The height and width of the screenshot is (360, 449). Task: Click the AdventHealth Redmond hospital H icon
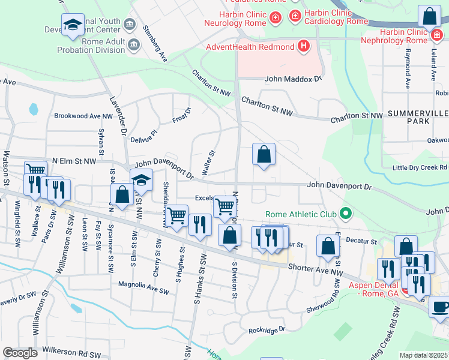point(304,46)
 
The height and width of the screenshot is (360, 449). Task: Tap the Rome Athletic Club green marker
point(345,213)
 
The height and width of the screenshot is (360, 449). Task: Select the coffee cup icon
point(440,307)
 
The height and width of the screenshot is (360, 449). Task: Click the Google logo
point(20,353)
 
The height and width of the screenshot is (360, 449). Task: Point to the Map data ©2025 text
point(424,355)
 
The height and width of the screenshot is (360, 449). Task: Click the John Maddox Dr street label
point(294,79)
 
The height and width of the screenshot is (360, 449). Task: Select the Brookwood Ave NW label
point(83,116)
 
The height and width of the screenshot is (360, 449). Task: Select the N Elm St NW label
point(74,161)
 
